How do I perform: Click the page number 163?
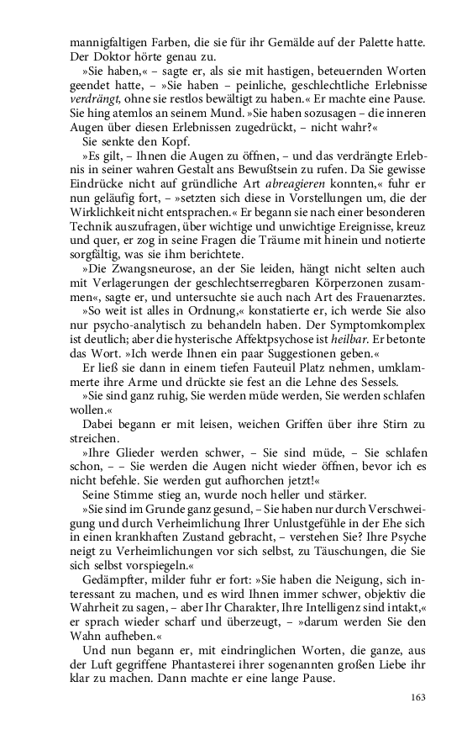(417, 696)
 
